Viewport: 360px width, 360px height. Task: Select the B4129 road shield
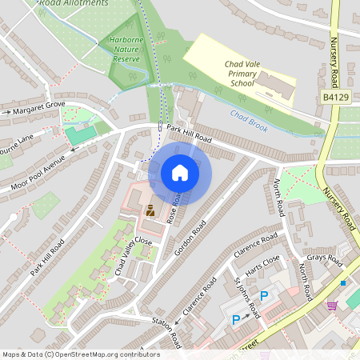click(335, 96)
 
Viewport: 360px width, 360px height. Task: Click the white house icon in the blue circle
click(180, 173)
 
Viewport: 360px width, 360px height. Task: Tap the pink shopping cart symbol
click(332, 305)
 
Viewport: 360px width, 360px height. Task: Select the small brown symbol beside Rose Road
click(150, 212)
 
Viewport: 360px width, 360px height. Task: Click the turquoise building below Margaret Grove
click(77, 135)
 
